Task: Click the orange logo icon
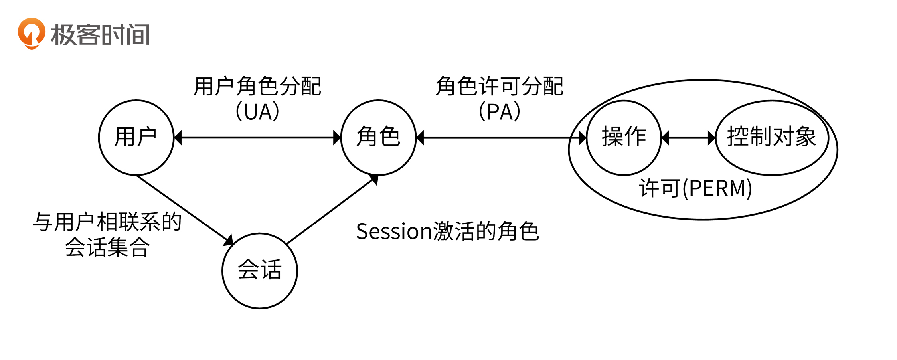tap(31, 33)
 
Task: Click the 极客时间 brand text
tap(100, 34)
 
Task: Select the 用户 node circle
tap(136, 138)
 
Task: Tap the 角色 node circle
tap(378, 138)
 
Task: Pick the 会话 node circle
tap(260, 271)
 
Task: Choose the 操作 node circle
tap(624, 138)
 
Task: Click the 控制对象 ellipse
tap(772, 138)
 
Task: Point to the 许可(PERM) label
tap(695, 188)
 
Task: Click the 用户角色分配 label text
tap(257, 87)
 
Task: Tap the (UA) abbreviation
tap(257, 112)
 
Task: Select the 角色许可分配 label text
tap(500, 87)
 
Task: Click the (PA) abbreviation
tap(500, 112)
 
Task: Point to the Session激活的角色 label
tap(447, 231)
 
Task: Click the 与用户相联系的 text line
tap(107, 222)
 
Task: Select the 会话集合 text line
tap(107, 247)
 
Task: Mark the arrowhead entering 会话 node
tap(229, 241)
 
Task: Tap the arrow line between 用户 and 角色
tap(257, 138)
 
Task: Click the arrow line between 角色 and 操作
tap(501, 138)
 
